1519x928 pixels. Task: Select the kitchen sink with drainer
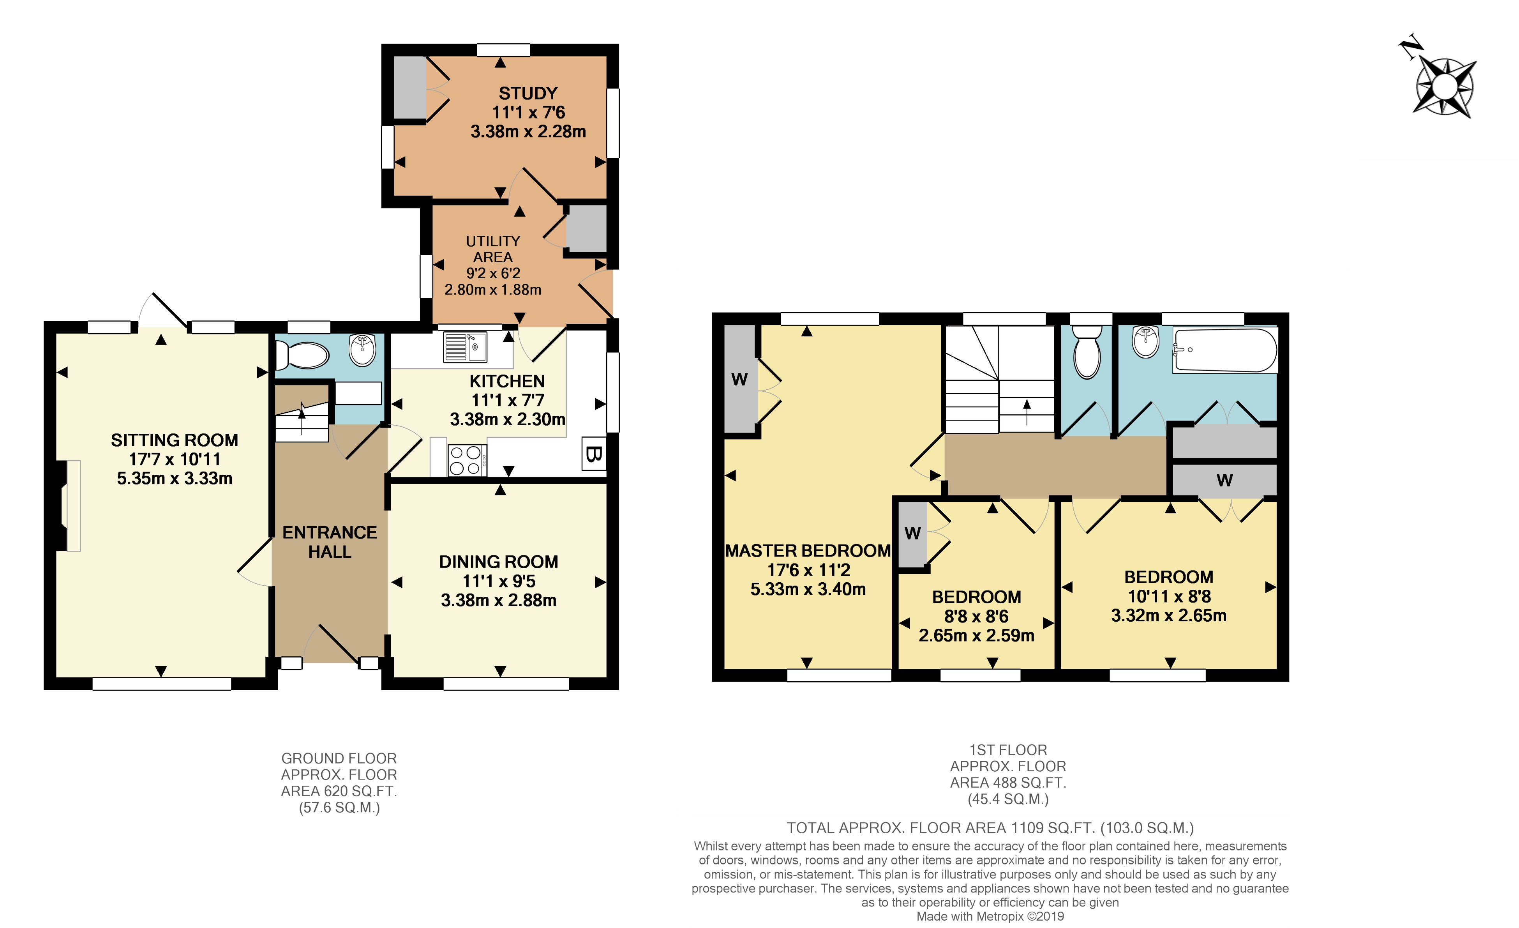coord(464,347)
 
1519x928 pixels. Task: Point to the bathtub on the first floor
coord(1224,350)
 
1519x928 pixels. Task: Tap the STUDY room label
coord(528,93)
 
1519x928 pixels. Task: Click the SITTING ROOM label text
coord(175,440)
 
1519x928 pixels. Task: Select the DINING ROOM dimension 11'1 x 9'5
coord(499,581)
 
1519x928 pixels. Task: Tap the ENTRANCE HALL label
coord(330,542)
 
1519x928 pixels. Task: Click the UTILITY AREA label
coord(492,249)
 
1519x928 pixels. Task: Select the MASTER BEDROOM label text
coord(808,551)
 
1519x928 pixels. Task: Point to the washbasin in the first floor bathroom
coord(1145,342)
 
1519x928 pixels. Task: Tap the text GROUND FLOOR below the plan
coord(339,758)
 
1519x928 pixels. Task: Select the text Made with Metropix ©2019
coord(990,916)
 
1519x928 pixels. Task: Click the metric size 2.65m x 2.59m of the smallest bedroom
coord(976,636)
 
